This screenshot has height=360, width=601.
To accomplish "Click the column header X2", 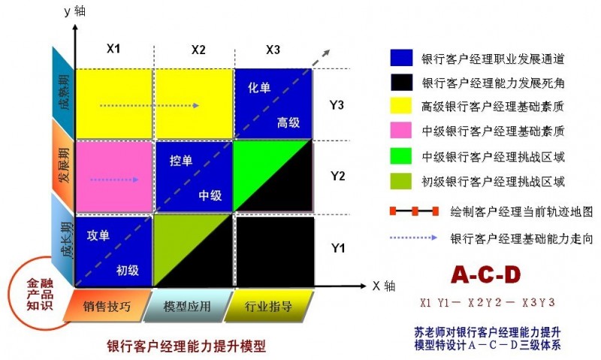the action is pyautogui.click(x=198, y=50).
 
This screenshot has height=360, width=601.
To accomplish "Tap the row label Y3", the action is pyautogui.click(x=337, y=104).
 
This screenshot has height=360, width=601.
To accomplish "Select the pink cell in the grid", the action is pyautogui.click(x=114, y=177).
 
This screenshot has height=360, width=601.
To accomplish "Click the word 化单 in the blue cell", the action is pyautogui.click(x=259, y=88).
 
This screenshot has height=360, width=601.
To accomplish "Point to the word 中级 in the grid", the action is pyautogui.click(x=210, y=195).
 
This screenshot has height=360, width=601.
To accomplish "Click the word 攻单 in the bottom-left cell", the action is pyautogui.click(x=98, y=235).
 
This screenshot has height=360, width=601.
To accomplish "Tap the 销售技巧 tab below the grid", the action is pyautogui.click(x=107, y=306).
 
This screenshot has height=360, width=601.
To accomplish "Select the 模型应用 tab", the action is pyautogui.click(x=187, y=306).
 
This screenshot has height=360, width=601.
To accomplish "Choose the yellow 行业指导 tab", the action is pyautogui.click(x=268, y=306).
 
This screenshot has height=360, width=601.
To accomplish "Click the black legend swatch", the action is pyautogui.click(x=401, y=82).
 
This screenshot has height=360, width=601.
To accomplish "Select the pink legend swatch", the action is pyautogui.click(x=401, y=130).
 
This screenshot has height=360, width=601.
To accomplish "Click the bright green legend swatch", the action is pyautogui.click(x=401, y=156).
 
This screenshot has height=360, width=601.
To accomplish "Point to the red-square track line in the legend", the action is pyautogui.click(x=415, y=211).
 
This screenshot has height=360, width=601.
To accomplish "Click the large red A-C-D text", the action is pyautogui.click(x=486, y=274).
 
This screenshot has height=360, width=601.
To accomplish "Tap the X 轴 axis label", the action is pyautogui.click(x=384, y=286).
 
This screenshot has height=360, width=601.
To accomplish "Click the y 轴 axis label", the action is pyautogui.click(x=74, y=11).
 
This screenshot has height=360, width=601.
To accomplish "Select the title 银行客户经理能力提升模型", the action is pyautogui.click(x=186, y=346).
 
